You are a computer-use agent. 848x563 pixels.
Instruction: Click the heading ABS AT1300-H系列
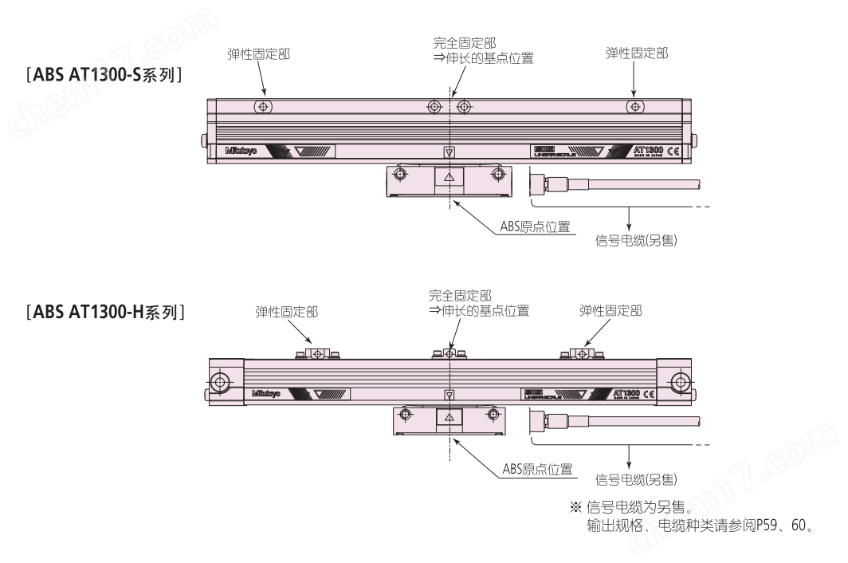click(107, 311)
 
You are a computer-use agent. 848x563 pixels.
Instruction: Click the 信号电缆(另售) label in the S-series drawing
click(637, 239)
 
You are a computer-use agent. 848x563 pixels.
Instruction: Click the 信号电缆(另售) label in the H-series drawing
click(637, 478)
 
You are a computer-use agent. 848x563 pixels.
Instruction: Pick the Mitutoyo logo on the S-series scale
click(241, 150)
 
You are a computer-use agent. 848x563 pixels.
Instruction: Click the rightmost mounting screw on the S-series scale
click(634, 107)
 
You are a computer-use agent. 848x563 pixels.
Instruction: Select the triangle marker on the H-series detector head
click(450, 417)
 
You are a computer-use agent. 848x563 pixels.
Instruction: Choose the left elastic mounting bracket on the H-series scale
click(317, 353)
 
